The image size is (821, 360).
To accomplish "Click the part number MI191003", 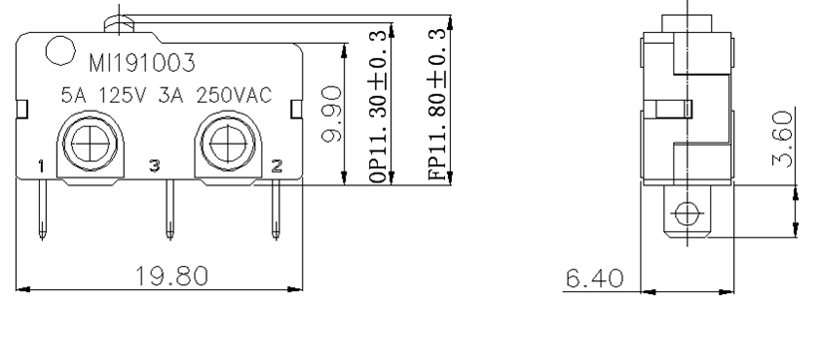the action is tap(142, 63).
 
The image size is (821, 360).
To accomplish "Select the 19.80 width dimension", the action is tap(172, 276).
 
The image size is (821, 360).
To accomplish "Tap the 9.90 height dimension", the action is tap(331, 114).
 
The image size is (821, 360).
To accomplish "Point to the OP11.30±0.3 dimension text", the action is tap(378, 106).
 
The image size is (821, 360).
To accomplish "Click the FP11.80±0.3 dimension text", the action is tap(437, 104).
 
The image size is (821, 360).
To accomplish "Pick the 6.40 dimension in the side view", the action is tap(595, 278).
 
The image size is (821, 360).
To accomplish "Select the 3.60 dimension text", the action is tap(783, 139).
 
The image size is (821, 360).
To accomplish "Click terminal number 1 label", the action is tap(41, 167).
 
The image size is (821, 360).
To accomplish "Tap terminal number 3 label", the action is tap(155, 166).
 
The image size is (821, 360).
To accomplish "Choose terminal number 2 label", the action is tap(277, 167).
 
